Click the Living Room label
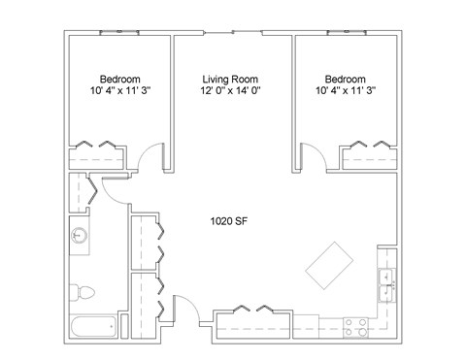(x=230, y=80)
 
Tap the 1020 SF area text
(x=229, y=221)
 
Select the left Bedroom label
(x=120, y=80)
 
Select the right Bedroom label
(x=346, y=80)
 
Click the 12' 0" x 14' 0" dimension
(x=230, y=90)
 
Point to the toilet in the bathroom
(x=83, y=292)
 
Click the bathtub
(x=93, y=327)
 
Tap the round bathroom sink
(x=80, y=235)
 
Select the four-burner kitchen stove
(x=355, y=327)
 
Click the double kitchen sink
(x=387, y=285)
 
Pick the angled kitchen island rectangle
(x=329, y=265)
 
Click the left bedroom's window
(x=119, y=32)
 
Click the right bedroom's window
(x=347, y=32)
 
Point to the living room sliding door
(x=233, y=32)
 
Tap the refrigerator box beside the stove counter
(x=306, y=327)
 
